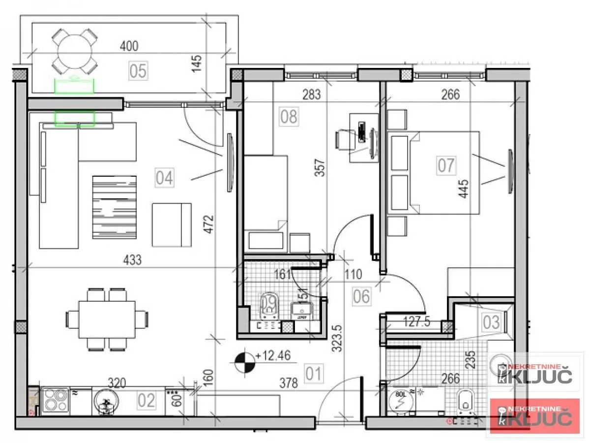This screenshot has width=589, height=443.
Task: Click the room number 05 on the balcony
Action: (x=138, y=71)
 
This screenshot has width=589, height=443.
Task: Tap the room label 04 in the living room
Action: (x=164, y=177)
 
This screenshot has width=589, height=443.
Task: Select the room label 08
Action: (x=289, y=117)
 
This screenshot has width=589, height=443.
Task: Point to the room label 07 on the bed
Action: (x=446, y=165)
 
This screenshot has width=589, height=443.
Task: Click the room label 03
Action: (x=491, y=322)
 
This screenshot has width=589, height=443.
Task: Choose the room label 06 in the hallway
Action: (x=361, y=296)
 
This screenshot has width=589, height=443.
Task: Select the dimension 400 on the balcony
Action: (x=129, y=46)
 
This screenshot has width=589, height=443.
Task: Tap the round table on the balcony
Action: (x=75, y=50)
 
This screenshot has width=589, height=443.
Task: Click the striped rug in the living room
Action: (x=114, y=207)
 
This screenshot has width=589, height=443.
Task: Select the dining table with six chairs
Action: (x=107, y=319)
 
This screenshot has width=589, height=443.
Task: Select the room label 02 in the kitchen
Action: (x=146, y=401)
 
